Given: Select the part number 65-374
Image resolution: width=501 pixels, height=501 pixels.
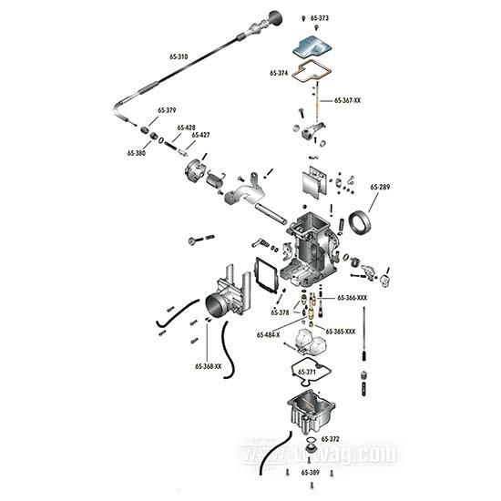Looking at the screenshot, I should [279, 72].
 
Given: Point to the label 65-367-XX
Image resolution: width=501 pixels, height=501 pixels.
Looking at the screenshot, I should [347, 99].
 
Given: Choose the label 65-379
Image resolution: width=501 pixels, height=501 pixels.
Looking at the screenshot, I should [167, 110].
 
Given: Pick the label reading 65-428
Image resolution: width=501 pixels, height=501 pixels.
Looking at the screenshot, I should [186, 128].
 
